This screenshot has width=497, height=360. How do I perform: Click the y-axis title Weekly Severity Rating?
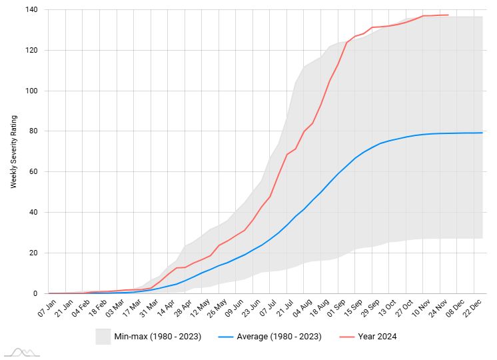pyautogui.click(x=13, y=152)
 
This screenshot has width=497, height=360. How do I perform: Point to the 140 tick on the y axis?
pyautogui.click(x=32, y=10)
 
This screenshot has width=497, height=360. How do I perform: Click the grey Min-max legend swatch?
pyautogui.click(x=103, y=336)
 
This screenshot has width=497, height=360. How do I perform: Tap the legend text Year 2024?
pyautogui.click(x=377, y=337)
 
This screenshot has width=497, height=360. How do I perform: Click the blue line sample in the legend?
pyautogui.click(x=227, y=337)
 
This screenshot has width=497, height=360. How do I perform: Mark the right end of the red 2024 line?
pyautogui.click(x=448, y=15)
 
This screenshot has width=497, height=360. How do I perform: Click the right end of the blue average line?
pyautogui.click(x=482, y=133)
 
